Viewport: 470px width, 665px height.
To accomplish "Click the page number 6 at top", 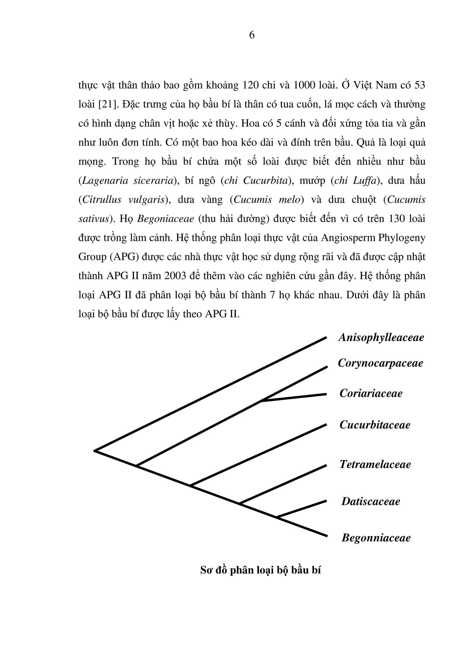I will click(252, 35).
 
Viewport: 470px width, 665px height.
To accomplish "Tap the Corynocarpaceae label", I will click(380, 363).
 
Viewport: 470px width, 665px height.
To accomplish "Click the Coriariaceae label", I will click(371, 393).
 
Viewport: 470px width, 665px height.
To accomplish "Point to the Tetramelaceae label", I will click(375, 464).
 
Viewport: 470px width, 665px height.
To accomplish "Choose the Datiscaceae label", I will click(371, 501).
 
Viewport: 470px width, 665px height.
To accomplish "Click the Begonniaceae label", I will click(376, 538).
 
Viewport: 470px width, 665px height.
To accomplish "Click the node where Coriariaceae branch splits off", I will click(261, 401).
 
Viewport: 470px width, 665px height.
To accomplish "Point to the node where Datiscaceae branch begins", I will click(277, 517).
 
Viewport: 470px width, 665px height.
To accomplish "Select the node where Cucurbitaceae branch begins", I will click(190, 485).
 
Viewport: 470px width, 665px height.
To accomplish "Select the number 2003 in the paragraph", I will click(175, 276).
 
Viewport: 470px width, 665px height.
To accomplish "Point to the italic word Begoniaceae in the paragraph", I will click(166, 219).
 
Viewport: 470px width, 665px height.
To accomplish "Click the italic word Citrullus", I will click(102, 200).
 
